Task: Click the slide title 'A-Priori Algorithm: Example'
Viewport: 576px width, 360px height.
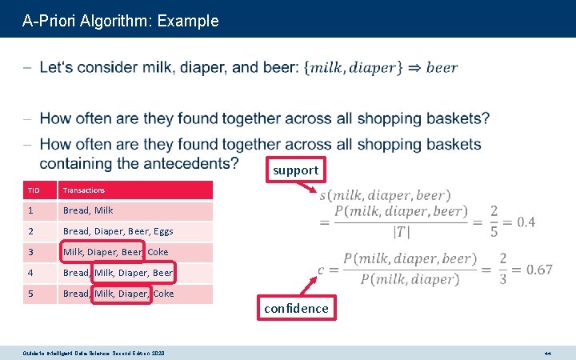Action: click(x=120, y=21)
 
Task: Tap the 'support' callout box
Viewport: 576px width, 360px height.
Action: click(x=295, y=170)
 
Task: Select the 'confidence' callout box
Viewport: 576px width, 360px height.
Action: click(x=295, y=308)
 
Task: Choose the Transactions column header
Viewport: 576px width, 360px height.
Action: click(x=84, y=190)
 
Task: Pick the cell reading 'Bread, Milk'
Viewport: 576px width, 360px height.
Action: click(x=88, y=210)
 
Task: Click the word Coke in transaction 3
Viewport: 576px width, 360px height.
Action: click(x=158, y=252)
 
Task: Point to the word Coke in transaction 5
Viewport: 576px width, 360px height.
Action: click(x=163, y=294)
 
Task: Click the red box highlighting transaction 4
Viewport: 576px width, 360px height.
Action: click(x=134, y=273)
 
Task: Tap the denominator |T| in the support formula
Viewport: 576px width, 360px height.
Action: click(x=401, y=232)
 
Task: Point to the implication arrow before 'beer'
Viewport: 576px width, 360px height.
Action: click(x=414, y=67)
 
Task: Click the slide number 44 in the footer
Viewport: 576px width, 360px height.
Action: click(x=547, y=353)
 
